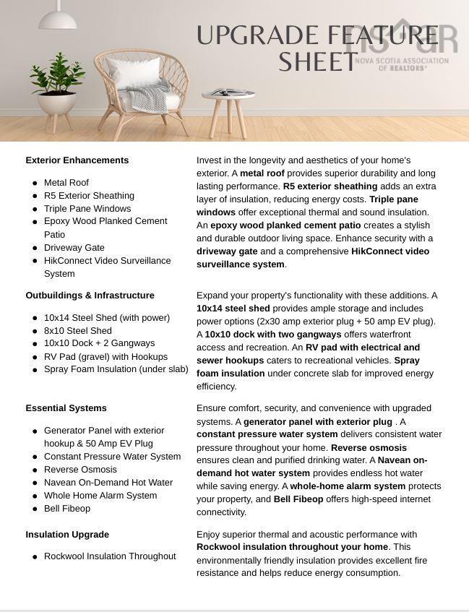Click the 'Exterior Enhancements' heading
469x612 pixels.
77,160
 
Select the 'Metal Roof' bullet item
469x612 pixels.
66,183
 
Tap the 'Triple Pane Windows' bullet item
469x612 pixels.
87,209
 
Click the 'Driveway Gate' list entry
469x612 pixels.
74,248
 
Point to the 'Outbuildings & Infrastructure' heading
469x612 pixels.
90,296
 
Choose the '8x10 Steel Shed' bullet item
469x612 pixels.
77,331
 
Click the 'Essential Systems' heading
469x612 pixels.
66,408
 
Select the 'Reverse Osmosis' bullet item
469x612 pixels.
80,470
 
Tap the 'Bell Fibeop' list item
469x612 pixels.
67,509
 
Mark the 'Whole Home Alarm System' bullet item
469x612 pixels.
100,496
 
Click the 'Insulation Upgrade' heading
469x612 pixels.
67,535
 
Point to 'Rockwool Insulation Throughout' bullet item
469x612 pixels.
110,556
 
